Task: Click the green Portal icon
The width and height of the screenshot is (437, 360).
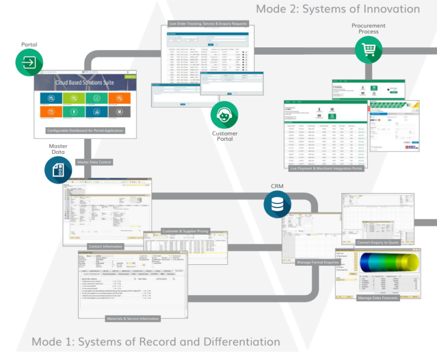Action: [x=29, y=62]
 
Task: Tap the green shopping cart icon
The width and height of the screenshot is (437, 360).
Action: [x=368, y=51]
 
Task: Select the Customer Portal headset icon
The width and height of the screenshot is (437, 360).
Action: [x=224, y=116]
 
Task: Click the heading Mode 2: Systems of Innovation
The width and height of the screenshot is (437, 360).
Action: [x=337, y=9]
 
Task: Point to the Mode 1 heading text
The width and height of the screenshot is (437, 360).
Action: [x=155, y=342]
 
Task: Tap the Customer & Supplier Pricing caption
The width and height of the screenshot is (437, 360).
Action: [x=185, y=231]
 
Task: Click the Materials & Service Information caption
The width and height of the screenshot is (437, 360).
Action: [x=133, y=318]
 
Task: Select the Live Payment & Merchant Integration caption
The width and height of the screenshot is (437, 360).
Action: [x=325, y=169]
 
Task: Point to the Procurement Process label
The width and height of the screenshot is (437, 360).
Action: [x=368, y=28]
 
